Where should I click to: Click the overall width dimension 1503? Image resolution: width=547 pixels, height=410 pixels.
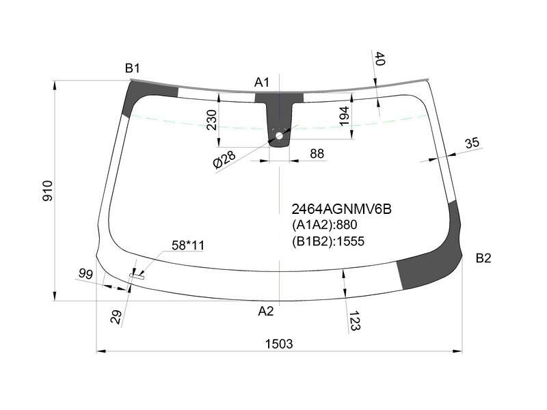click(279, 344)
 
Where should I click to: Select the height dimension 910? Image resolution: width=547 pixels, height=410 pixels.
click(48, 191)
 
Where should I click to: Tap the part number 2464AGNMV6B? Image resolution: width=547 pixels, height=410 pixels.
click(341, 209)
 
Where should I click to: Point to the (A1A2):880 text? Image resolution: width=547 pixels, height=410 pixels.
click(324, 225)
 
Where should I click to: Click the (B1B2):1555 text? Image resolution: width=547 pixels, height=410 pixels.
click(328, 241)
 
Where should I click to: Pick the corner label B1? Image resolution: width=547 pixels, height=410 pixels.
click(133, 68)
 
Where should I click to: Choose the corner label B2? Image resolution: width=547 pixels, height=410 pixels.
click(483, 258)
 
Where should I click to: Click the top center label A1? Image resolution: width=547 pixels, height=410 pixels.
click(262, 83)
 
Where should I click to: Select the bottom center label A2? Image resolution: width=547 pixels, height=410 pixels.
click(266, 311)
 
